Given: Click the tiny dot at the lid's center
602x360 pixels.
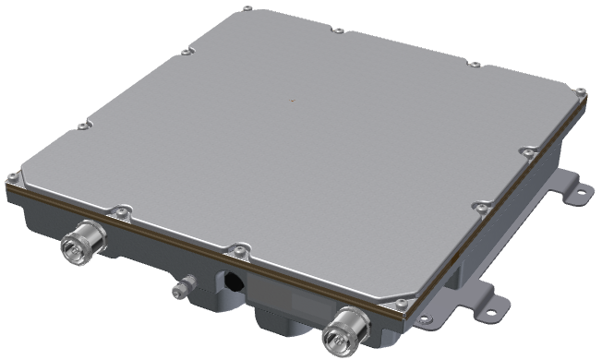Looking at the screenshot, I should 292,99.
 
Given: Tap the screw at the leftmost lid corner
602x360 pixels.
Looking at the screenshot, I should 12,177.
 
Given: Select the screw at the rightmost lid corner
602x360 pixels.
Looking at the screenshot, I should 580,91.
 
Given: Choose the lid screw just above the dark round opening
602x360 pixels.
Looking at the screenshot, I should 239,247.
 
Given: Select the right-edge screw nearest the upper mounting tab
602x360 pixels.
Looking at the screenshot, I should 526,150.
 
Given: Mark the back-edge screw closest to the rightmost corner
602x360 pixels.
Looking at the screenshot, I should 474,65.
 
